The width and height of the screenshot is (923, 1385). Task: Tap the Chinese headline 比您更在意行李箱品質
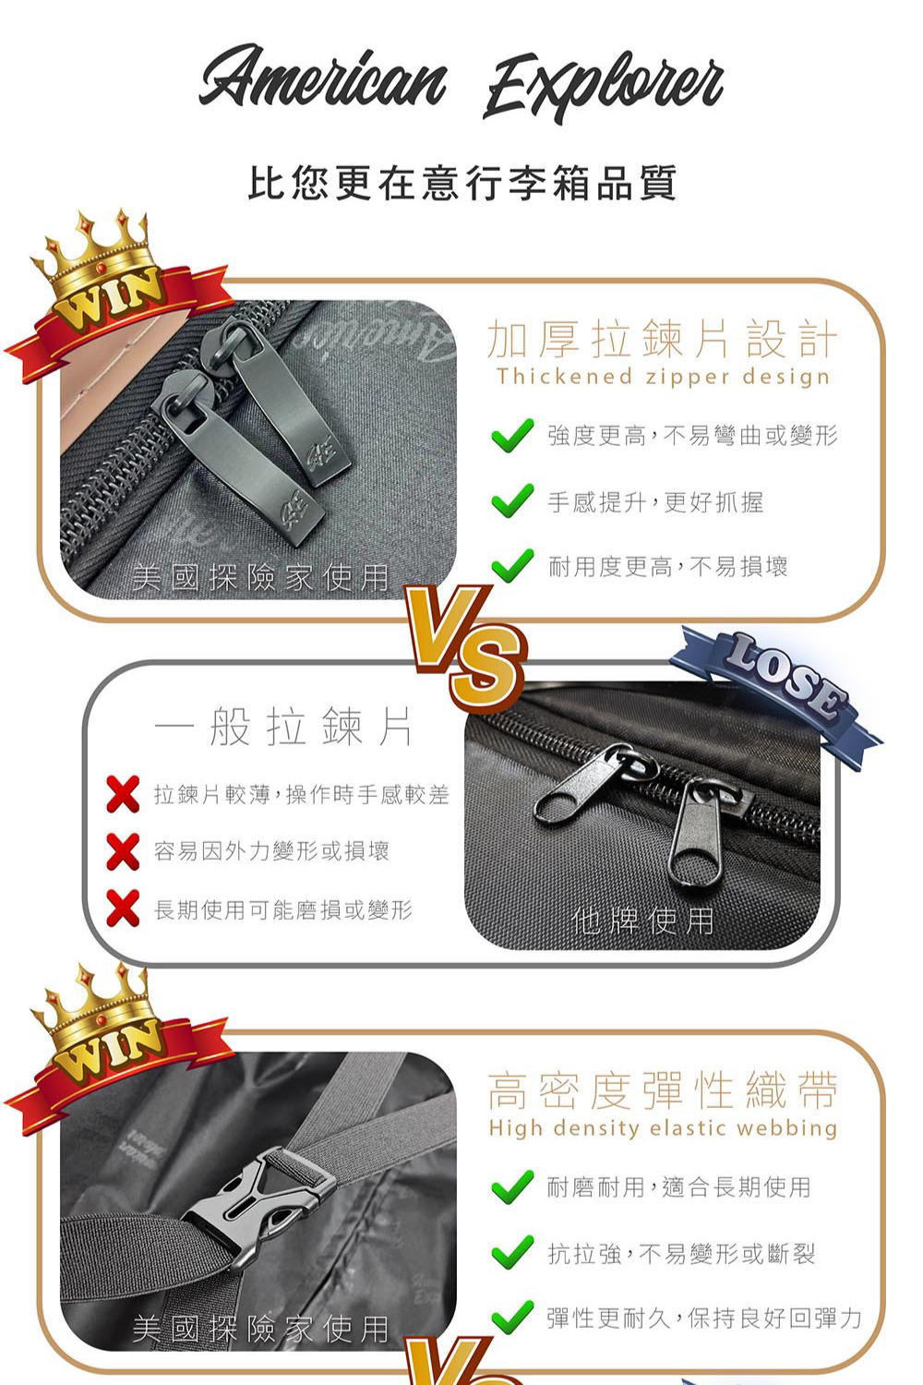coord(461,183)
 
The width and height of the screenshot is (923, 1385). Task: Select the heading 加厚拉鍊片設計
coord(662,340)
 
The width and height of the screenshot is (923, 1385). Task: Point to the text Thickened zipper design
coord(663,377)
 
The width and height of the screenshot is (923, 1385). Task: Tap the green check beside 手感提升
coord(512,500)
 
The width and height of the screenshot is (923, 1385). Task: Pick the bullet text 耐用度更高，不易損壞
coord(668,566)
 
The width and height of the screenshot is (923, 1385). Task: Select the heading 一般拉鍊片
coord(282,728)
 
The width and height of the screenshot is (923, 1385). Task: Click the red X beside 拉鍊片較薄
coord(123,794)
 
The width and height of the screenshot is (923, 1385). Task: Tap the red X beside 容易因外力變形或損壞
coord(123,852)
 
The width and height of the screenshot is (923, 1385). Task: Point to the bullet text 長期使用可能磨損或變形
coord(283,910)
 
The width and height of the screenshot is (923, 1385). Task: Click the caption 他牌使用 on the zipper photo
coord(643,921)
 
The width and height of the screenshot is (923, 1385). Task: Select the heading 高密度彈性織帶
coord(662,1090)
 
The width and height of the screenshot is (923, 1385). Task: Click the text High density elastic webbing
coord(663,1127)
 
